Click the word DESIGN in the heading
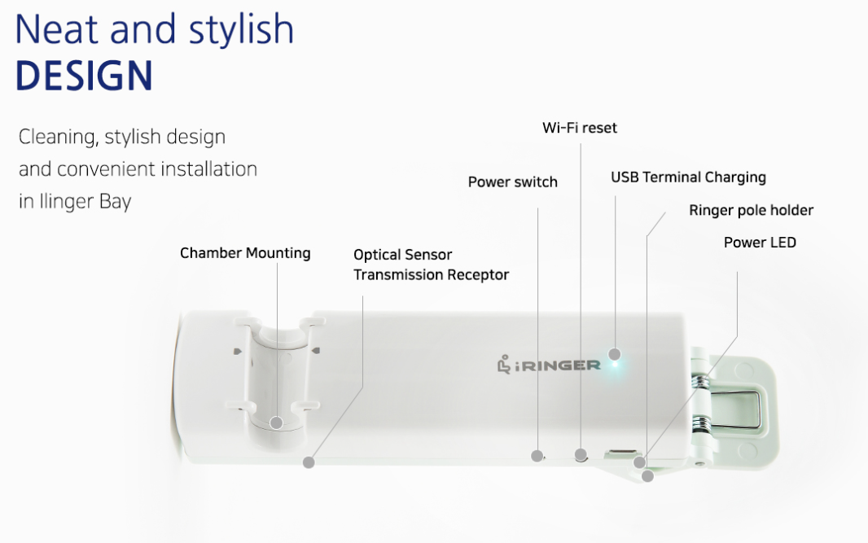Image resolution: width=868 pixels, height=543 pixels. pos(84,75)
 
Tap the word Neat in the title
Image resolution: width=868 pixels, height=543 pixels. pos(56,29)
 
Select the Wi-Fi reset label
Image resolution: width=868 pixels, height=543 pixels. pos(580,128)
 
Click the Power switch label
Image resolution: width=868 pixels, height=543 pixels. pos(513,182)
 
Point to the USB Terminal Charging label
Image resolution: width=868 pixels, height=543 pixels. pos(688,177)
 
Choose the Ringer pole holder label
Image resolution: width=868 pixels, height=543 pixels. pos(752,210)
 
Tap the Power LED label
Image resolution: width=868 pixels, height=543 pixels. pos(760,243)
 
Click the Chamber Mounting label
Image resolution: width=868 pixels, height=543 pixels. pos(245,253)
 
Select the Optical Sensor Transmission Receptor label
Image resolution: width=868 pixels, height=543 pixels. pos(432,265)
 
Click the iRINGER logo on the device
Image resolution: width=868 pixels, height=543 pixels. pos(549,365)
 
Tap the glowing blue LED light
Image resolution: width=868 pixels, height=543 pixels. pos(615,364)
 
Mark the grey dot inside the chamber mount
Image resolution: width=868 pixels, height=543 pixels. pos(276,423)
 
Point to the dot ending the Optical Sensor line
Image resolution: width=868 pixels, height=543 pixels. pos(309,462)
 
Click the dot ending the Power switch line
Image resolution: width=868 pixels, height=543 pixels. pos(537,456)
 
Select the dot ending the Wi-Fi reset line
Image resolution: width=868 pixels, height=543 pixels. pos(581,455)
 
